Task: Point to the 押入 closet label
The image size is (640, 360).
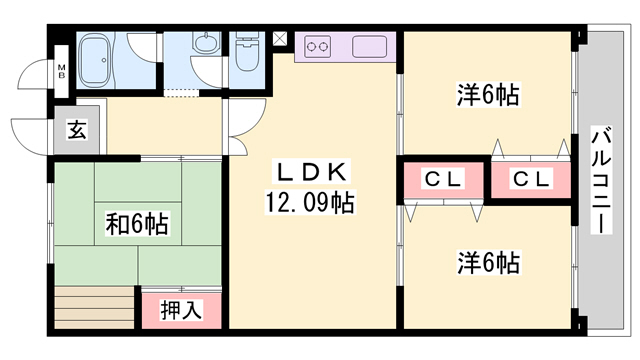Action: click(x=182, y=310)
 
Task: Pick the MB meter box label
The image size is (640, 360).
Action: click(x=61, y=70)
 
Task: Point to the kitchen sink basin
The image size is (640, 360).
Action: click(x=370, y=47)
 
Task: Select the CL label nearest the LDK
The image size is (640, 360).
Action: click(x=441, y=179)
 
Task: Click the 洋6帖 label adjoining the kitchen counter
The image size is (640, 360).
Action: click(x=487, y=96)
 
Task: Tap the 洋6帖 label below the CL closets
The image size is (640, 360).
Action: click(x=487, y=263)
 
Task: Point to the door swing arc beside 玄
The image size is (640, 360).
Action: click(x=30, y=135)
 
